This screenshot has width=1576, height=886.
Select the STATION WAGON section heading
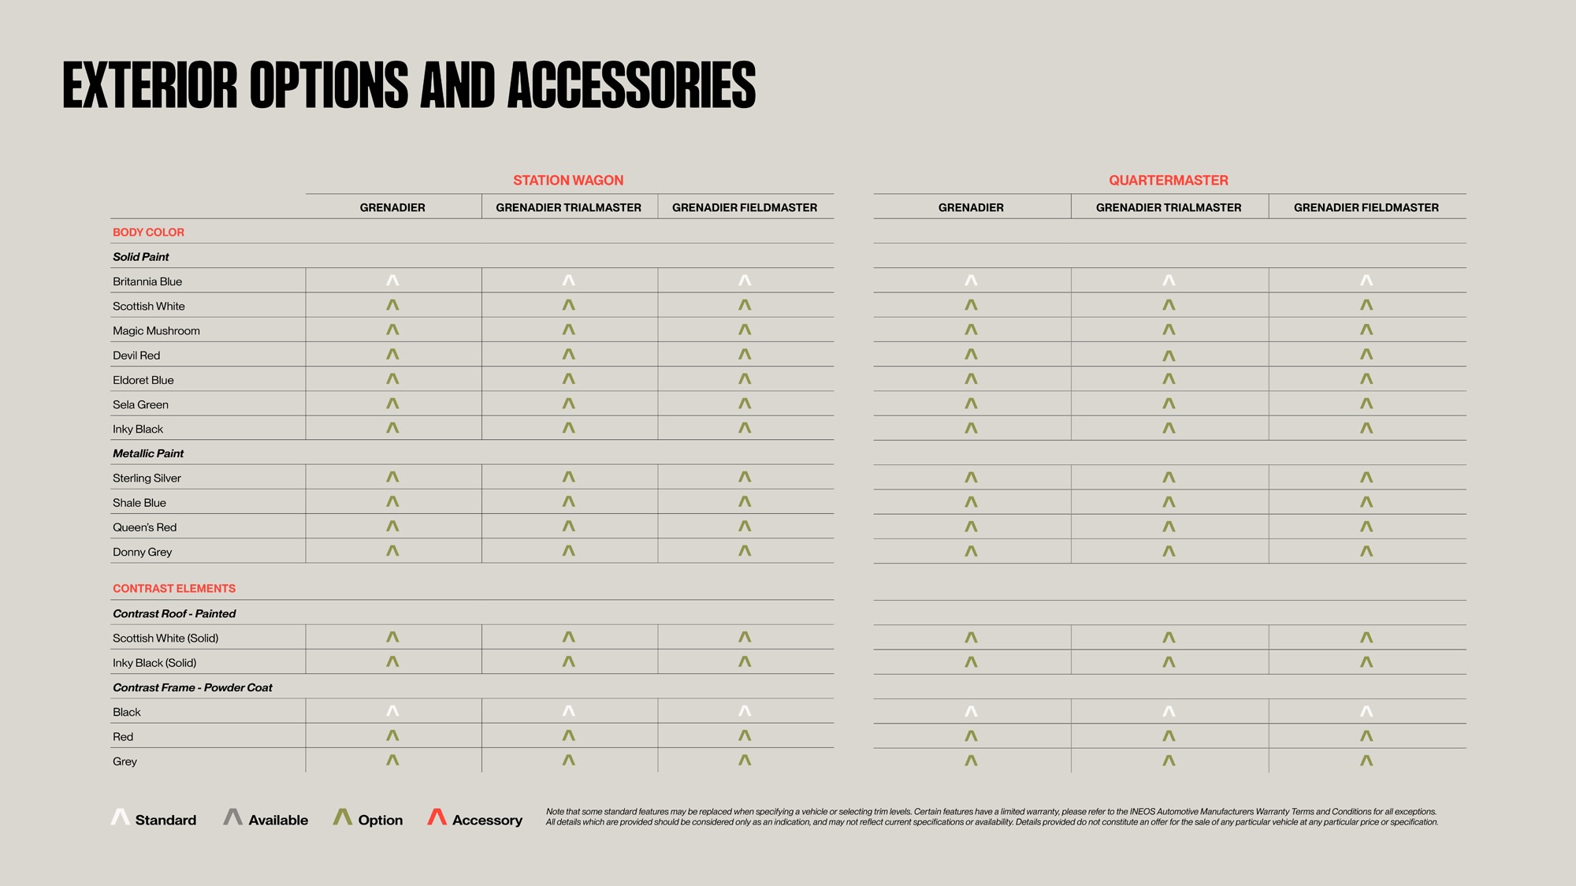click(x=568, y=181)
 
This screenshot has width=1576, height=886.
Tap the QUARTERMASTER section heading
click(x=1168, y=181)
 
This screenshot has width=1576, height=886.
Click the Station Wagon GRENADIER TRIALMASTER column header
click(x=568, y=207)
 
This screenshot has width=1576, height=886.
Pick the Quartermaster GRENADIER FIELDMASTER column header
click(x=1366, y=207)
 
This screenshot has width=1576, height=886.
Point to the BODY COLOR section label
click(x=148, y=233)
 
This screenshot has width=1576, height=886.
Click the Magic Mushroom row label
click(x=156, y=331)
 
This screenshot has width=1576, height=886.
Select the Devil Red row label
click(x=136, y=356)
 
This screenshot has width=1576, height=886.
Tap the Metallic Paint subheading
click(x=148, y=454)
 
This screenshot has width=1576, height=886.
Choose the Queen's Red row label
click(x=144, y=527)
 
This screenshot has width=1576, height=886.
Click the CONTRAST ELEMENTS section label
click(x=174, y=589)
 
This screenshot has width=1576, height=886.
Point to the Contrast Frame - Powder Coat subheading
click(x=192, y=687)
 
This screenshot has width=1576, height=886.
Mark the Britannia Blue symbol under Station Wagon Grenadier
click(x=392, y=281)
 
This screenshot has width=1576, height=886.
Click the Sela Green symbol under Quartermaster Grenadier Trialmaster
click(x=1169, y=404)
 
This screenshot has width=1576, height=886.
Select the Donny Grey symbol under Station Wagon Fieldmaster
click(x=745, y=551)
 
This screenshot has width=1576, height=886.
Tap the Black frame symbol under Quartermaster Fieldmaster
click(x=1366, y=712)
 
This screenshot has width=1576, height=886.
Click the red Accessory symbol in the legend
click(x=437, y=817)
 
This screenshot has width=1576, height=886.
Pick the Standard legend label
click(x=165, y=821)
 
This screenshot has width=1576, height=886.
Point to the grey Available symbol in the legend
click(x=232, y=817)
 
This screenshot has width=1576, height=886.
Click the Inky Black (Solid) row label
click(x=154, y=663)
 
